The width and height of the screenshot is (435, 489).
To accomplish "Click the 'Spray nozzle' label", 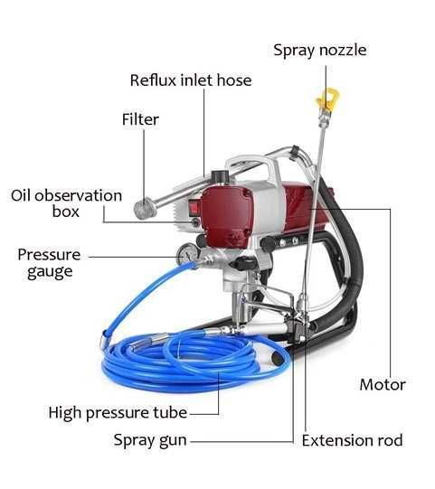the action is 320,51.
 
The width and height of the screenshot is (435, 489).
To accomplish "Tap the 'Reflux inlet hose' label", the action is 191,80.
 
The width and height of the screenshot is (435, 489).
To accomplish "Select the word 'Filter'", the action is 140,119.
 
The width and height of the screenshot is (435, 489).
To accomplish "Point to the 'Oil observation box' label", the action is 66,203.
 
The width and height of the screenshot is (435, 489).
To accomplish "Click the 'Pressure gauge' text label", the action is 50,264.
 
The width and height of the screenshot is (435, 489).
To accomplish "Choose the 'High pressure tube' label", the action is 118,413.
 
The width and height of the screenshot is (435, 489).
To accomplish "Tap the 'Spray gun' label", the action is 150,441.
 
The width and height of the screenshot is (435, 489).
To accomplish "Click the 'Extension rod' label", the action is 352,441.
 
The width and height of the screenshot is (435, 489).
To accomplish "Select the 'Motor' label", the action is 383,384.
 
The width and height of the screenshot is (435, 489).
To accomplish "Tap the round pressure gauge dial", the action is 186,254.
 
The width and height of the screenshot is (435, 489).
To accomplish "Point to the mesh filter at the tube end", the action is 145,209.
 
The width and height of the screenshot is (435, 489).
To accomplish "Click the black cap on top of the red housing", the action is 222,177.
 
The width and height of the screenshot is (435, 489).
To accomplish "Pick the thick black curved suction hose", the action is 349,256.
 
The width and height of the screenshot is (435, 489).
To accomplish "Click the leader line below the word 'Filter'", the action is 144,164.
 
